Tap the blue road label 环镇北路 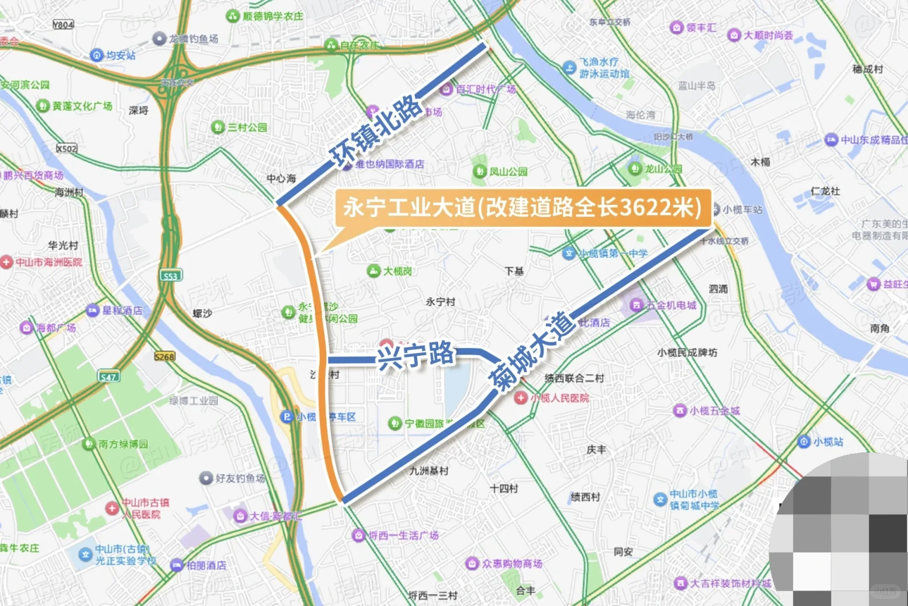(376, 132)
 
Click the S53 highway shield (170, 276)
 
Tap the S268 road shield (165, 356)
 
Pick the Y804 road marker (63, 25)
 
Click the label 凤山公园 (508, 171)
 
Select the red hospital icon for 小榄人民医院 (521, 398)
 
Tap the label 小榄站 (828, 442)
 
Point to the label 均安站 (121, 55)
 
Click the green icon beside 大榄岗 (374, 271)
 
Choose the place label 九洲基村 (429, 471)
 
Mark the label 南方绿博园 (123, 444)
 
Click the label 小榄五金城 (715, 411)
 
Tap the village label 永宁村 (440, 302)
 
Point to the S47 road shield (108, 377)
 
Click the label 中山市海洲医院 (49, 262)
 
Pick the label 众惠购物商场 (511, 563)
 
